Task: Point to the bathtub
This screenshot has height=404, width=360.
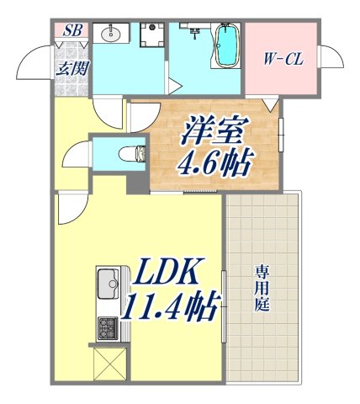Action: click(226, 46)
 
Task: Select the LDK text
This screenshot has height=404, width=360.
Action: click(165, 274)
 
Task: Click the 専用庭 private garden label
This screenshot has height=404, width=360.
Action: click(262, 288)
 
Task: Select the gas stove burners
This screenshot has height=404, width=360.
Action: click(109, 327)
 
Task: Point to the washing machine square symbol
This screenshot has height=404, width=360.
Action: click(151, 35)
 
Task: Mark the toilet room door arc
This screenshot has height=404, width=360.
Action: click(77, 155)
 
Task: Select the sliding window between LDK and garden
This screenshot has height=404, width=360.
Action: click(224, 307)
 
